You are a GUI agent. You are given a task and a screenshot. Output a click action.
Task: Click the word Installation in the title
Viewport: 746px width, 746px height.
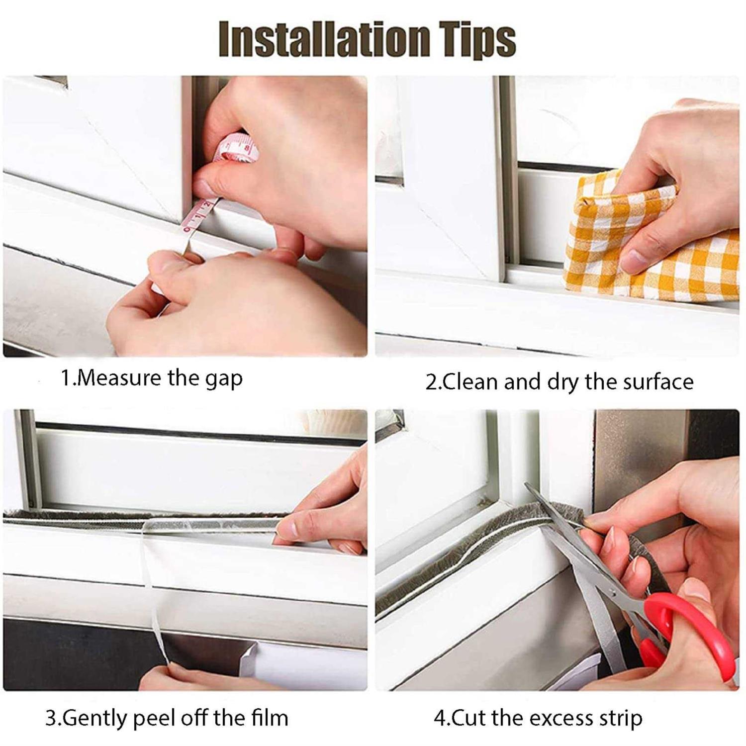tap(323, 39)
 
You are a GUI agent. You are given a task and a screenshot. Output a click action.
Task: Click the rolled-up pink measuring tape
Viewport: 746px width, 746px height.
tap(239, 148)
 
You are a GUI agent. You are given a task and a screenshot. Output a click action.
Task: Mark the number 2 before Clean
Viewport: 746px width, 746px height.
tap(431, 382)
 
